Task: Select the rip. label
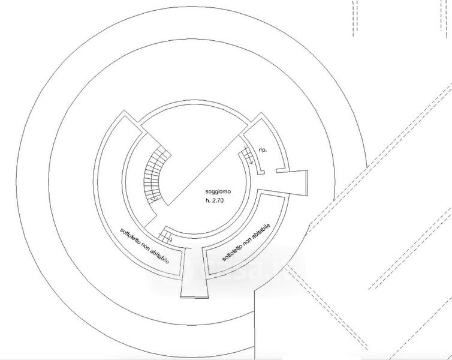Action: (263, 149)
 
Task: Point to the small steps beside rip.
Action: (247, 155)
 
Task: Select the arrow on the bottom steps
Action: (171, 239)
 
